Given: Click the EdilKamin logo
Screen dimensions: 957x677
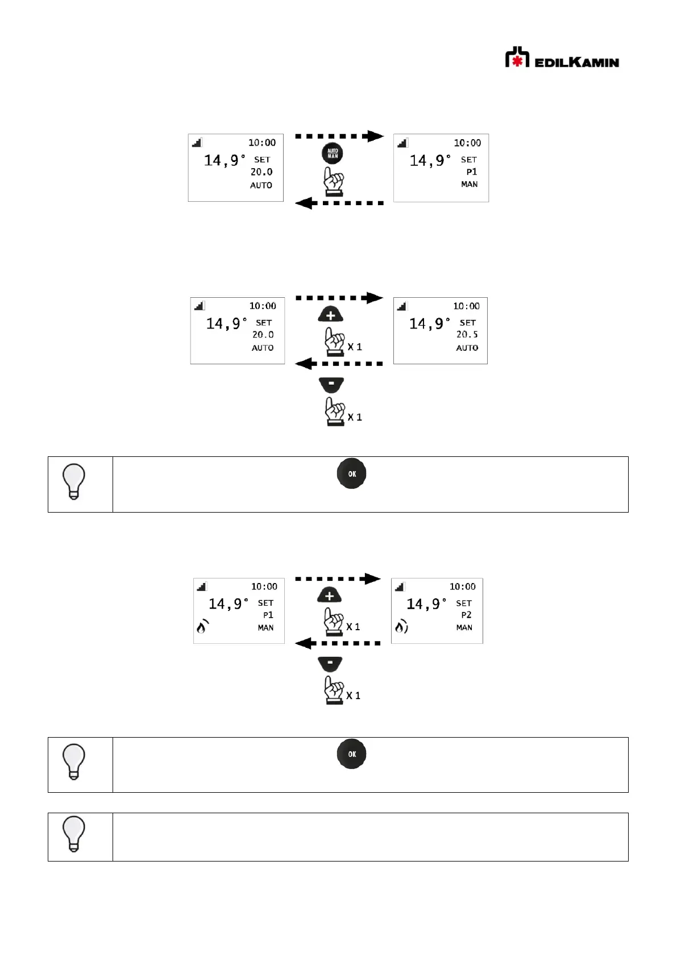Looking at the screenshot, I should [x=562, y=58].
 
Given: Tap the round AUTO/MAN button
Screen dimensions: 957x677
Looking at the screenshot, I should [x=333, y=153].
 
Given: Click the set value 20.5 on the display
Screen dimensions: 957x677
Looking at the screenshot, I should [x=467, y=335].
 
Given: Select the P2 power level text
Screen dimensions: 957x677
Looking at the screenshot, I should [x=466, y=615].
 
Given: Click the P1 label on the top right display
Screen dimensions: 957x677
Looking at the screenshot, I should [x=471, y=172].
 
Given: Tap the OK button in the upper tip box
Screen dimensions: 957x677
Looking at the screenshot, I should [x=352, y=473].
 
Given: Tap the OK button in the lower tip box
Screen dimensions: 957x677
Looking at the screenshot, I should [x=352, y=754].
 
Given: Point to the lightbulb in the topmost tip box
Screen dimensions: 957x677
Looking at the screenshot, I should [x=74, y=481].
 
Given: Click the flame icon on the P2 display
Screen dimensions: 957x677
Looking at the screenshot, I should [x=401, y=627].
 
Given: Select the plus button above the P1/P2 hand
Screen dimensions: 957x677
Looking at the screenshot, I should [x=329, y=595].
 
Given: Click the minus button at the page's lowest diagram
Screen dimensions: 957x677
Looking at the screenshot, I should [x=330, y=663].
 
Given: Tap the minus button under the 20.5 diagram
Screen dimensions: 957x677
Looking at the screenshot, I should [x=331, y=384].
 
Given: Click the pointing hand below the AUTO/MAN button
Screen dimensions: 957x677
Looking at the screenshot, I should [x=334, y=181].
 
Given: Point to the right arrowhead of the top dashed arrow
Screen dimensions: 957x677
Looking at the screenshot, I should [x=375, y=136].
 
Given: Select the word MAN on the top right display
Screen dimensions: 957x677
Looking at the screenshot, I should [x=469, y=184].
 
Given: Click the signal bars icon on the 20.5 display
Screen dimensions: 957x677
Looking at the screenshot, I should [x=402, y=306].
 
